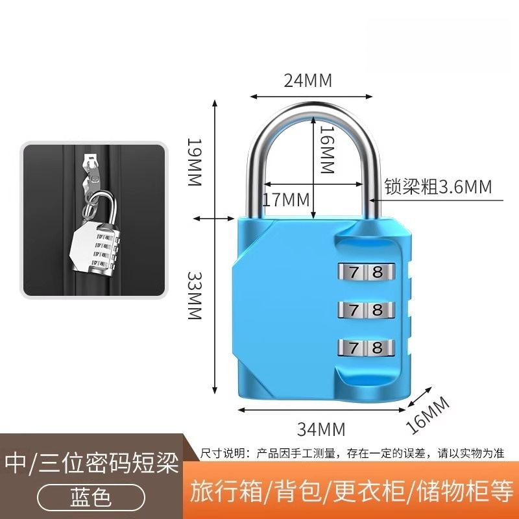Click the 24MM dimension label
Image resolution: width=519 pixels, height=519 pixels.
(x=308, y=80)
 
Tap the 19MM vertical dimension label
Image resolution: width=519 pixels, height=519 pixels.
(x=194, y=162)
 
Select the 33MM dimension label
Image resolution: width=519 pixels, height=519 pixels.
(x=194, y=295)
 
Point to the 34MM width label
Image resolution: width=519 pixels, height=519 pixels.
(x=321, y=429)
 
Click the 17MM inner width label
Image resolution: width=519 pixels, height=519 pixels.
(x=286, y=200)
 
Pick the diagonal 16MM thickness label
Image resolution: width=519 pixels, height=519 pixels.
(x=428, y=415)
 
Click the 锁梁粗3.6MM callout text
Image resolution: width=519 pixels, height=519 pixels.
(x=438, y=186)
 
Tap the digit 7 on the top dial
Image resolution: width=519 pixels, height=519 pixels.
(x=354, y=272)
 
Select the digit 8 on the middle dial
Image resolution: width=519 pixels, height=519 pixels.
(x=378, y=310)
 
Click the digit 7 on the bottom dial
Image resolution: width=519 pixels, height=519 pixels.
(x=354, y=348)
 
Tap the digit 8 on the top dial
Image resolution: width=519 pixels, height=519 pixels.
(x=378, y=272)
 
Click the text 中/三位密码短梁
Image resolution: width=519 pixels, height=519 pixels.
(x=91, y=463)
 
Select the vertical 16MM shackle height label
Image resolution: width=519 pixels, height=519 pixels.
(x=327, y=150)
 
